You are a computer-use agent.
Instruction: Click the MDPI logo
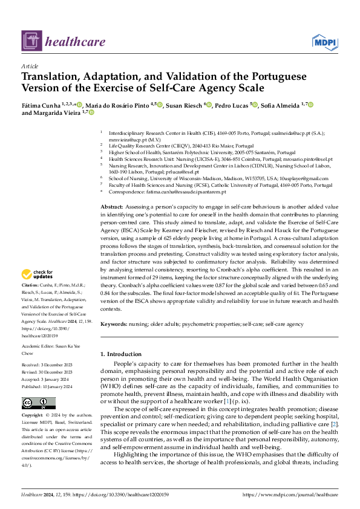tap(324, 41)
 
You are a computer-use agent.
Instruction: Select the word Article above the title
tap(30, 66)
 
